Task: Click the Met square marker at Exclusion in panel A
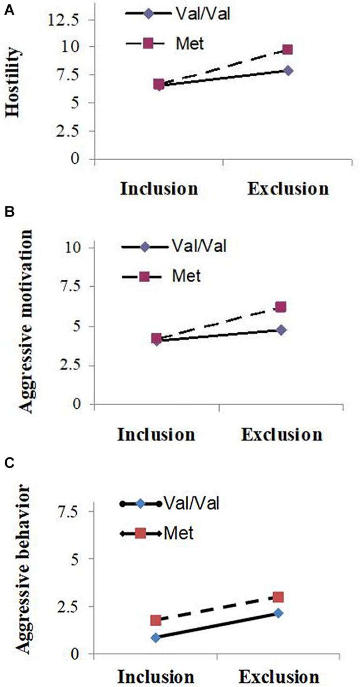point(288,50)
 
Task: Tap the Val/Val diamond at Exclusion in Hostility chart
point(288,70)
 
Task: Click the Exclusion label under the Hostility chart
point(288,188)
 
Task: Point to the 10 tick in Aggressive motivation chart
point(77,247)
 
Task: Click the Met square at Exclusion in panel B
point(281,307)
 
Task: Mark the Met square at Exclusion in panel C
point(278,597)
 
